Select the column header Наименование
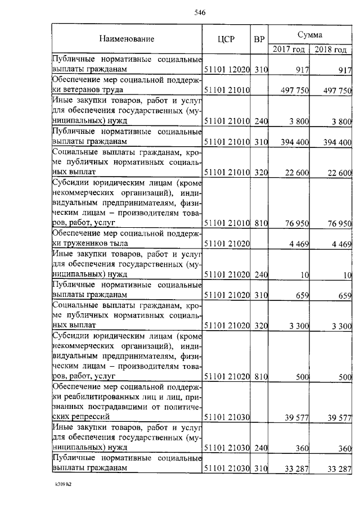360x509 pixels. click(127, 39)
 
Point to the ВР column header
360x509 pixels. click(259, 39)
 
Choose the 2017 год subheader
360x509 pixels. click(289, 49)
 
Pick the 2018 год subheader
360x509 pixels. click(331, 49)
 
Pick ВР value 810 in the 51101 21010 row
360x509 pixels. click(260, 223)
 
